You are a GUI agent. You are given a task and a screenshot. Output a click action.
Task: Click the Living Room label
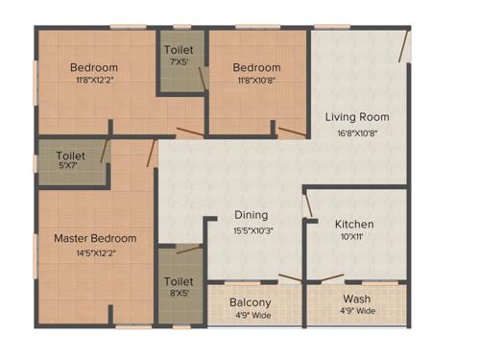pyautogui.click(x=357, y=117)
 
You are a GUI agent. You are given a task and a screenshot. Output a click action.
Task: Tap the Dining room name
pyautogui.click(x=251, y=215)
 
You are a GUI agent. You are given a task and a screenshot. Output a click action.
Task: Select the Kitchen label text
pyautogui.click(x=354, y=225)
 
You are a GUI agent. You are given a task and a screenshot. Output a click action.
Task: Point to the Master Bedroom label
pyautogui.click(x=95, y=238)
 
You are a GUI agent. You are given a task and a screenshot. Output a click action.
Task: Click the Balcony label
pyautogui.click(x=250, y=302)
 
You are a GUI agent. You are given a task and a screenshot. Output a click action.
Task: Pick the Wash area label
pyautogui.click(x=356, y=299)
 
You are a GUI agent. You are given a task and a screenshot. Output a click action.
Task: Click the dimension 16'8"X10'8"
pyautogui.click(x=357, y=132)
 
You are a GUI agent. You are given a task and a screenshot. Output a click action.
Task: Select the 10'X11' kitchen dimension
pyautogui.click(x=354, y=239)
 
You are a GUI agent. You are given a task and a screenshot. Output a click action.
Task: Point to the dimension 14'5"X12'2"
pyautogui.click(x=95, y=253)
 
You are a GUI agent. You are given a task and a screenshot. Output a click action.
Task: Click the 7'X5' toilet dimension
pyautogui.click(x=180, y=62)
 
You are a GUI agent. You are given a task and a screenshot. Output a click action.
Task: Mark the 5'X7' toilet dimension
pyautogui.click(x=70, y=165)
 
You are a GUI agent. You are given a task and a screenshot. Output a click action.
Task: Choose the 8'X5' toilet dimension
pyautogui.click(x=180, y=296)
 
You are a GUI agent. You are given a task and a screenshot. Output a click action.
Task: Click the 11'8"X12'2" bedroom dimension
pyautogui.click(x=94, y=83)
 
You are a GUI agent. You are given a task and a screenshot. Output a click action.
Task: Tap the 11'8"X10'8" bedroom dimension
pyautogui.click(x=256, y=83)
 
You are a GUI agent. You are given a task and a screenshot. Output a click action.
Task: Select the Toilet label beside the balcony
pyautogui.click(x=180, y=282)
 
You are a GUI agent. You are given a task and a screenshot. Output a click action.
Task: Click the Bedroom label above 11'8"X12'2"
pyautogui.click(x=94, y=68)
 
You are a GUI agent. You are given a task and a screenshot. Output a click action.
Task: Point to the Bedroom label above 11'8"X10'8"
pyautogui.click(x=256, y=68)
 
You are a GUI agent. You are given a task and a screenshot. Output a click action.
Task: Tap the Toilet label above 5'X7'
pyautogui.click(x=70, y=154)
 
